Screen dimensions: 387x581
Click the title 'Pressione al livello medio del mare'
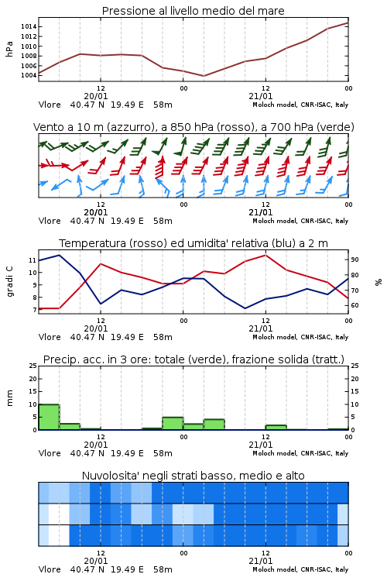(193, 11)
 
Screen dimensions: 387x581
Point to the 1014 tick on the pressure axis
(29, 26)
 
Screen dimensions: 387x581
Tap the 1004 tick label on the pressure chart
(29, 76)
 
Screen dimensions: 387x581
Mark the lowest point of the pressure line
(204, 76)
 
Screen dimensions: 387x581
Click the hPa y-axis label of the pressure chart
(9, 49)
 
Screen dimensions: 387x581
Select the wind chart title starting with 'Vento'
(193, 127)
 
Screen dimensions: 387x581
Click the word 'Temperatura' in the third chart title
(92, 243)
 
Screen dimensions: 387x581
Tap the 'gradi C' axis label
(10, 282)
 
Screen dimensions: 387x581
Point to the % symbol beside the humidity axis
(378, 282)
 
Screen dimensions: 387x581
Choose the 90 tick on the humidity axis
(354, 260)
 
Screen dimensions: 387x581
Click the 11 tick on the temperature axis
(33, 260)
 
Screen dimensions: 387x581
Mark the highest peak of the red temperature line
(265, 255)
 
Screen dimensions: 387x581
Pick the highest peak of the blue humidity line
(60, 255)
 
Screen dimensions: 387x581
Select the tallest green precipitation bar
(49, 417)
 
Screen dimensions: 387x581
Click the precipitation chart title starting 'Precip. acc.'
(193, 359)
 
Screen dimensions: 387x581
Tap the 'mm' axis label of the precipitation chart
(9, 398)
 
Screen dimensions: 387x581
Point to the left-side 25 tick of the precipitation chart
(33, 366)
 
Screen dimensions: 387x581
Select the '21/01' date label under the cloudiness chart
(261, 561)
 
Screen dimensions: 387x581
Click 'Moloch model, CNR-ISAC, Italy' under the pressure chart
(300, 105)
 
